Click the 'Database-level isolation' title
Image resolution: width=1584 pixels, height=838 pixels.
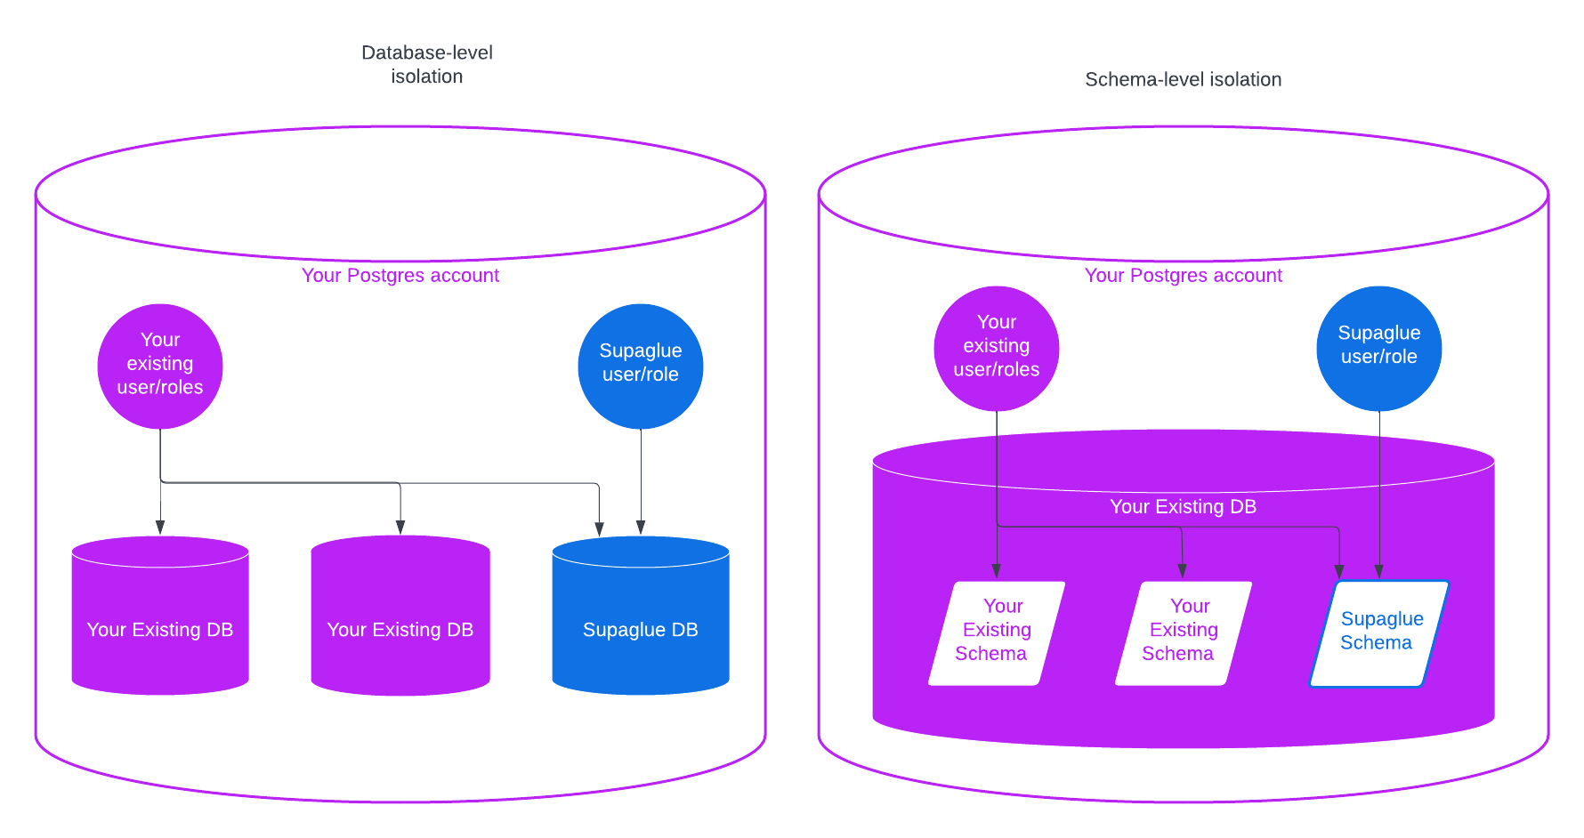click(x=427, y=64)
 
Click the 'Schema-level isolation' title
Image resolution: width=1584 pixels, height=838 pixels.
click(x=1183, y=79)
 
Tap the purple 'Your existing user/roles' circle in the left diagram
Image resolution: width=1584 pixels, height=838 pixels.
click(x=160, y=366)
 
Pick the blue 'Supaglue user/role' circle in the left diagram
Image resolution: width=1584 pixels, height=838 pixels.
click(x=641, y=366)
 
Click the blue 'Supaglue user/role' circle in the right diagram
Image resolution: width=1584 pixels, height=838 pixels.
click(x=1378, y=348)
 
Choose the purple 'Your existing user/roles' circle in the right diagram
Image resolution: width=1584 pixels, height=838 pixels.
click(x=996, y=348)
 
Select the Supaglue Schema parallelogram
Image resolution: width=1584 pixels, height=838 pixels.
click(x=1378, y=633)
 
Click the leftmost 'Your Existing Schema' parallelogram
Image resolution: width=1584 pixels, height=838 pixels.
click(x=997, y=633)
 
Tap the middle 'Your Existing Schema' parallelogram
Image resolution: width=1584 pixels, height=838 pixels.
click(x=1184, y=633)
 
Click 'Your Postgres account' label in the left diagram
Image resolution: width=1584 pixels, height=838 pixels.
click(x=400, y=275)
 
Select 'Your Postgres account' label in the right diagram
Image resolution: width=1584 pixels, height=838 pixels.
click(x=1183, y=275)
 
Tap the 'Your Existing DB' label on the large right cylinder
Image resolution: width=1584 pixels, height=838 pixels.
click(x=1183, y=506)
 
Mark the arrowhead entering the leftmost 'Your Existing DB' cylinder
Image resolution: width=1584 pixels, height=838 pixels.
click(x=160, y=527)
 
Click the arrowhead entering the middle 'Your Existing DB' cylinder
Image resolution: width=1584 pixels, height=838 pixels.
click(x=400, y=527)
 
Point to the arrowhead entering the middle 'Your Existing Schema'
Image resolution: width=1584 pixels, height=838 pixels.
click(x=1182, y=570)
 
